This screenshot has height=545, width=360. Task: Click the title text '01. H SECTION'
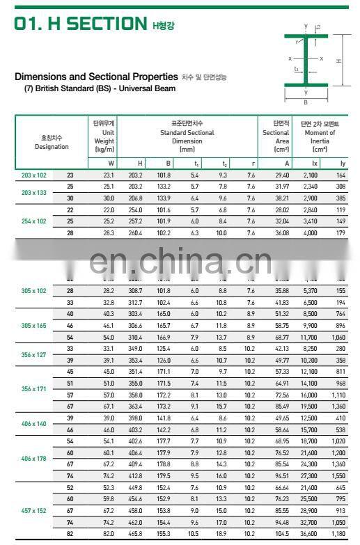click(81, 24)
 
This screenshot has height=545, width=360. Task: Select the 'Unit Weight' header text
click(105, 135)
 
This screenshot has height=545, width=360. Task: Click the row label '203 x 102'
click(34, 175)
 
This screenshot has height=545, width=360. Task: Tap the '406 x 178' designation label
click(34, 459)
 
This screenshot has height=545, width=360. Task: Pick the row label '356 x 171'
click(34, 388)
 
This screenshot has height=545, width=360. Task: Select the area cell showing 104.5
click(279, 532)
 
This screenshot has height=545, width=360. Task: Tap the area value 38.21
click(279, 198)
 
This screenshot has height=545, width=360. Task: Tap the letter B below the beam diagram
click(305, 102)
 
